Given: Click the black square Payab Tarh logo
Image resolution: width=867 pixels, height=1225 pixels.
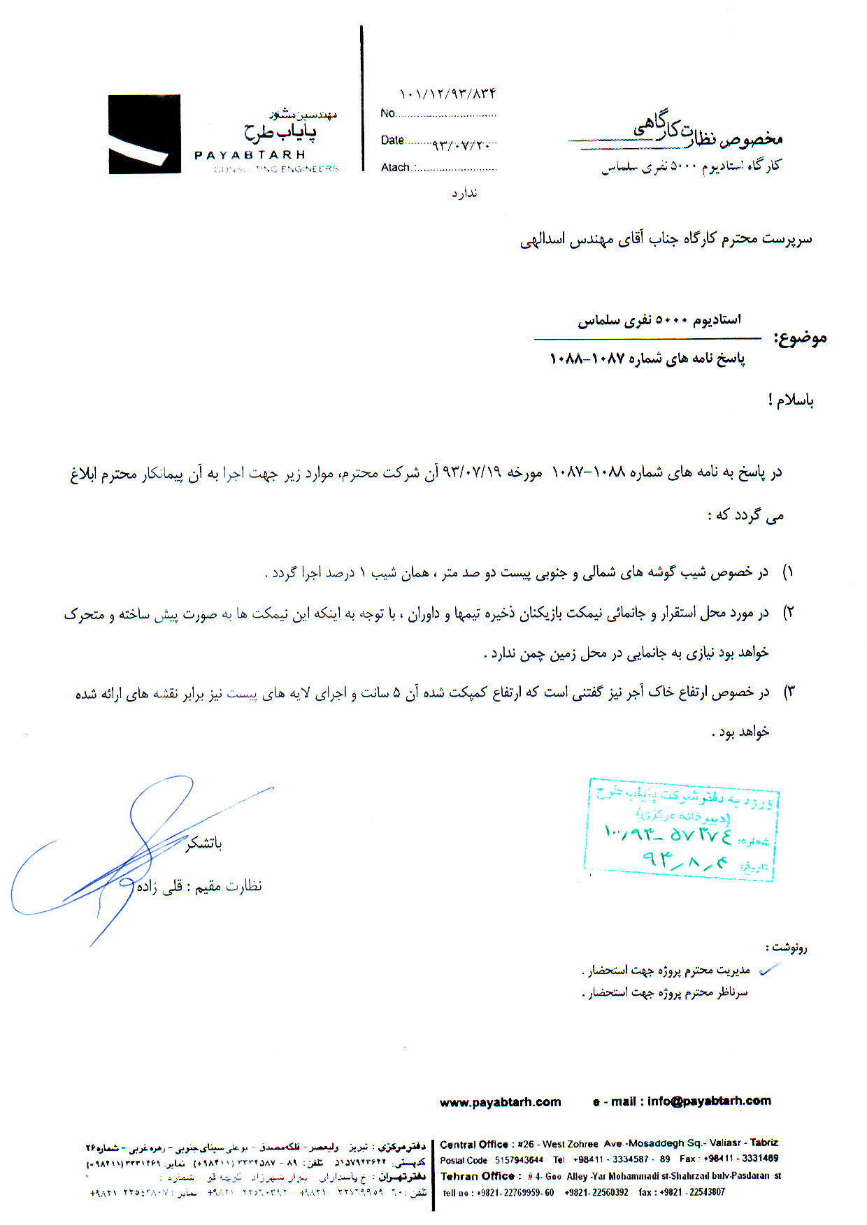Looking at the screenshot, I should (x=144, y=134).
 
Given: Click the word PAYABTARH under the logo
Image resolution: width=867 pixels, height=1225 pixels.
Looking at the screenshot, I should (x=250, y=155).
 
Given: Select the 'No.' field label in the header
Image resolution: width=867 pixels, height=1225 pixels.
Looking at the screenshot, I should (x=388, y=113).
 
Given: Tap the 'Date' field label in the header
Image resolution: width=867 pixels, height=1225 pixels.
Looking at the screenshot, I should (x=392, y=140).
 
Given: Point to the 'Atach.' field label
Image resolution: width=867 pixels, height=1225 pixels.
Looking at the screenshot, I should (x=396, y=168).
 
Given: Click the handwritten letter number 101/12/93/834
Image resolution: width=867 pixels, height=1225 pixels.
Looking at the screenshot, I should (x=447, y=94).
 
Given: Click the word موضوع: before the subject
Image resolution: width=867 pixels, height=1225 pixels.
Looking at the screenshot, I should (x=800, y=339).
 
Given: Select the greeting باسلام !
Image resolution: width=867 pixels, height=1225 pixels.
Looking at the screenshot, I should (x=791, y=400).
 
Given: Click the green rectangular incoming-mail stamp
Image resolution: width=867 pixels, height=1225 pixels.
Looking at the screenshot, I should (x=682, y=829).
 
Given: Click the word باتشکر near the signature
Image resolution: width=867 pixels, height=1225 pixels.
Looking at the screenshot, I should (x=203, y=844).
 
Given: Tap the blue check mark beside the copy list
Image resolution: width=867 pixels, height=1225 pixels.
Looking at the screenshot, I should (x=769, y=969).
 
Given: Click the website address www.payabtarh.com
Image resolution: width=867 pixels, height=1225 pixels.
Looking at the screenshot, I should (x=500, y=1102).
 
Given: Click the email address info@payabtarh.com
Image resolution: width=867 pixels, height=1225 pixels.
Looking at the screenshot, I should (x=709, y=1101).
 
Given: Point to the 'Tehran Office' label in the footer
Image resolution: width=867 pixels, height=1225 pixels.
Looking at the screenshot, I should (x=478, y=1176).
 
